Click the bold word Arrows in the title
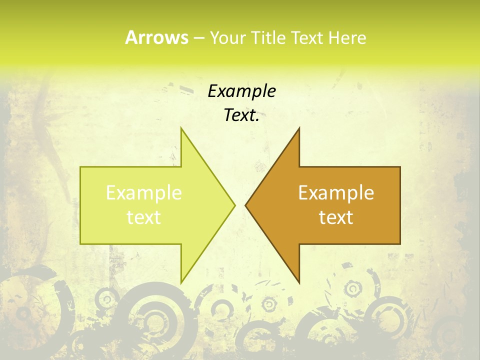click(x=156, y=37)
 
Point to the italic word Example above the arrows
click(x=241, y=91)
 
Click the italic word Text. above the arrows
click(x=241, y=115)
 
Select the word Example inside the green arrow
click(x=144, y=193)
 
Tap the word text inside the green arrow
click(x=144, y=217)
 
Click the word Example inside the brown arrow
click(x=336, y=193)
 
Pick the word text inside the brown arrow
click(x=336, y=217)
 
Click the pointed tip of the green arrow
click(x=235, y=205)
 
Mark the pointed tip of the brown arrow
click(x=245, y=205)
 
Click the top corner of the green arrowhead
click(x=181, y=128)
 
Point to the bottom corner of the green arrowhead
click(x=181, y=282)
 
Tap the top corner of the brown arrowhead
click(x=299, y=128)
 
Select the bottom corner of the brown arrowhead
click(x=299, y=282)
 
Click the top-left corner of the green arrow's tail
click(x=80, y=167)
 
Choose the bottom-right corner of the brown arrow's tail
click(x=400, y=244)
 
